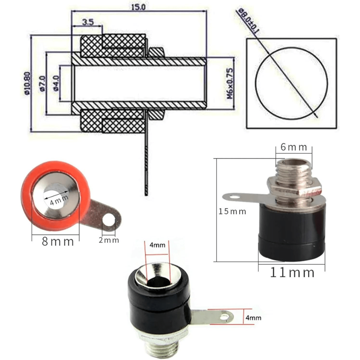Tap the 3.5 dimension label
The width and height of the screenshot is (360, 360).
88,22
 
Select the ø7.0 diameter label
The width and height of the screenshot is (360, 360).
42,84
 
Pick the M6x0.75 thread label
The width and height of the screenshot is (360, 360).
230,84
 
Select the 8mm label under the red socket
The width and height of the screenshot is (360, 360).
58,242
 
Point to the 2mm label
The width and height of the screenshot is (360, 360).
109,240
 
